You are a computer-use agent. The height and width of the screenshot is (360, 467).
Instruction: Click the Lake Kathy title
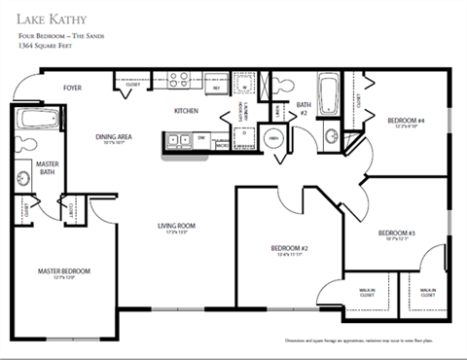[53, 17]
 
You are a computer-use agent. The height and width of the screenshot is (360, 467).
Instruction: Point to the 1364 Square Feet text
[45, 46]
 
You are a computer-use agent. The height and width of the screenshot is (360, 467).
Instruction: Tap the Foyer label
[73, 88]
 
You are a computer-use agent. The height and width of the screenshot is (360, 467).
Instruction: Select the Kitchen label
[187, 111]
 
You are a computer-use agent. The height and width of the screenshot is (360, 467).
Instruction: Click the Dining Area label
[114, 138]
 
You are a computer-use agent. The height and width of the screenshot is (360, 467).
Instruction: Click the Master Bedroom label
[64, 270]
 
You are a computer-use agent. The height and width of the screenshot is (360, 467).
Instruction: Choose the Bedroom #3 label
[396, 234]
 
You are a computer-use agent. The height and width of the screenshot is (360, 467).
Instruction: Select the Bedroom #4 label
[406, 121]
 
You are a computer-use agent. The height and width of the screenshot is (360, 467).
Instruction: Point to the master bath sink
[22, 178]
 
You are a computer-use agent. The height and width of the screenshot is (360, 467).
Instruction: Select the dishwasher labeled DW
[201, 139]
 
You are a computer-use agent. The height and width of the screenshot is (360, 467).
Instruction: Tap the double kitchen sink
[177, 140]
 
